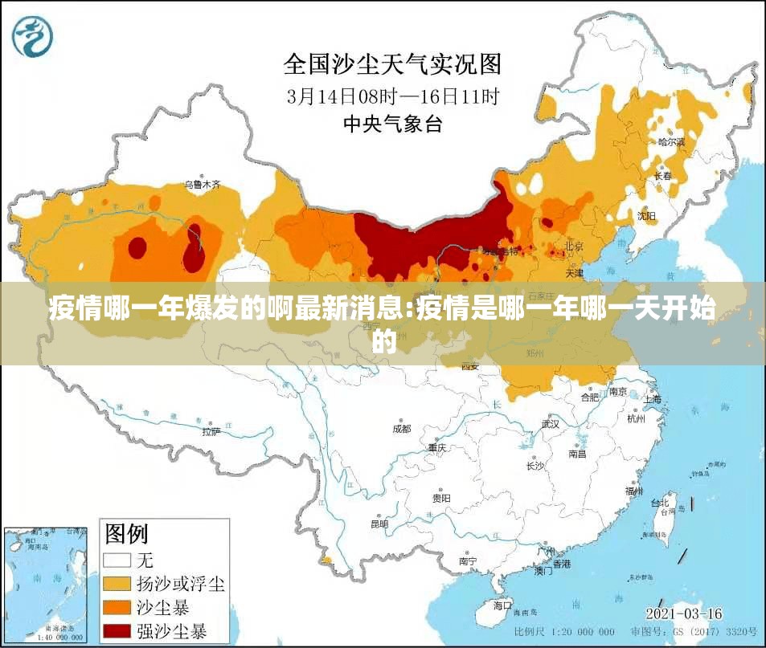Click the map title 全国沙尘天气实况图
[x=392, y=63]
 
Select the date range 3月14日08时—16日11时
[x=392, y=96]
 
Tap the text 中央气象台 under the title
[x=392, y=124]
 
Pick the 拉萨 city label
[x=211, y=431]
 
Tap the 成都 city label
[x=401, y=429]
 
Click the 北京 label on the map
[x=573, y=246]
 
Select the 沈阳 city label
[x=646, y=215]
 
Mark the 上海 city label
[x=652, y=399]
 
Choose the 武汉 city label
[x=550, y=423]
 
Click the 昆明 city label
[x=379, y=524]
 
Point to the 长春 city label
[x=662, y=175]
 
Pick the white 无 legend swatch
[x=118, y=559]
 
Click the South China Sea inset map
[x=45, y=585]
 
